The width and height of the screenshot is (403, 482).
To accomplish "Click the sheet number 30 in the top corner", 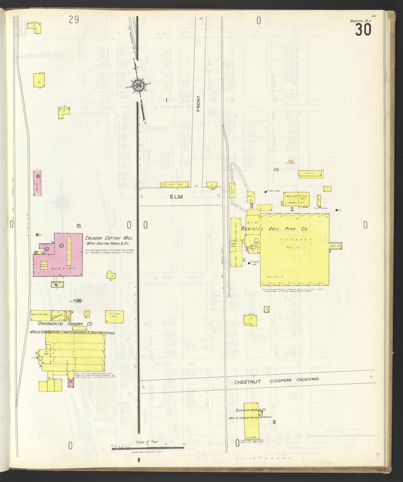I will pyautogui.click(x=363, y=30).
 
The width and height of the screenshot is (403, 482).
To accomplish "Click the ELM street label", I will pyautogui.click(x=176, y=197).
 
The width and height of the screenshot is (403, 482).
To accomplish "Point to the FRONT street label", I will pyautogui.click(x=199, y=104).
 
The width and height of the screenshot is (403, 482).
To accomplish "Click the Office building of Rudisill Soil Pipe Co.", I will pyautogui.click(x=311, y=174).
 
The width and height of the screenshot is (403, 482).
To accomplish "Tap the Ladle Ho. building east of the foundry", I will pyautogui.click(x=336, y=246).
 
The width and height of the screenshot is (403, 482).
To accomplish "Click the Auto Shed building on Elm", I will pyautogui.click(x=176, y=184).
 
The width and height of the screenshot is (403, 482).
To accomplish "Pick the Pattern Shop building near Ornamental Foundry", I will pyautogui.click(x=114, y=316).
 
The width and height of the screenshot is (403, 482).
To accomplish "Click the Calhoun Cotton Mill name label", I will pyautogui.click(x=108, y=238).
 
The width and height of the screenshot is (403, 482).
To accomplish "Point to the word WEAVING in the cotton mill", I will pyautogui.click(x=60, y=268).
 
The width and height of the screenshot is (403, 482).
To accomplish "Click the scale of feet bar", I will pyautogui.click(x=148, y=448).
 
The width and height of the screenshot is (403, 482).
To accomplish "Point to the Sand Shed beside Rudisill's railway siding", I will pyautogui.click(x=233, y=245).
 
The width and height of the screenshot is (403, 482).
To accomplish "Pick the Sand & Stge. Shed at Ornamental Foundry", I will pyautogui.click(x=40, y=314).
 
